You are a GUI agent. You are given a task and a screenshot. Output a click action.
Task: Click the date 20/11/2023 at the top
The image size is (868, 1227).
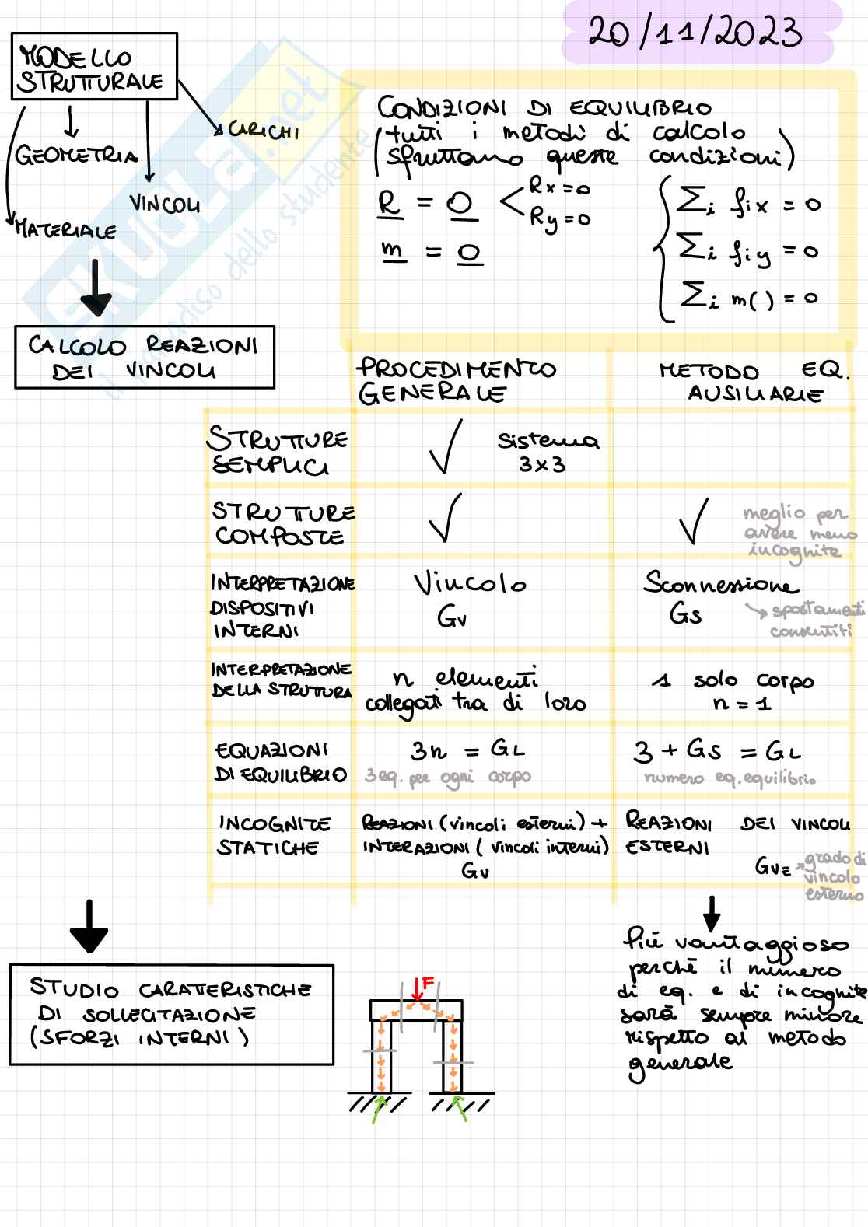tap(695, 33)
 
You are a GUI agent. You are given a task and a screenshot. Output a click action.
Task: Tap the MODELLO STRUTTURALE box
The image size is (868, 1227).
tap(94, 67)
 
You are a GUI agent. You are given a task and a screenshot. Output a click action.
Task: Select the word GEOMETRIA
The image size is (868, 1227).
tap(75, 156)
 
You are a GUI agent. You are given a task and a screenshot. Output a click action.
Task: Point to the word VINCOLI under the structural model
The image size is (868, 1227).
tap(164, 204)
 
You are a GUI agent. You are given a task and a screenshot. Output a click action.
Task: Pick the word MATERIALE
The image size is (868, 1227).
tap(65, 231)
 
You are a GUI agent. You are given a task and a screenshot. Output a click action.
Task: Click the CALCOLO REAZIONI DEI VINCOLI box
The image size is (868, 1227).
tap(145, 358)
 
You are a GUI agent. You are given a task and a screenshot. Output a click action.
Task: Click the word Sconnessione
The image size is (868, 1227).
tap(719, 585)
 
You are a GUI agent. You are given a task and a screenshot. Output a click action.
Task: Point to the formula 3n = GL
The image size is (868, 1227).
tap(467, 750)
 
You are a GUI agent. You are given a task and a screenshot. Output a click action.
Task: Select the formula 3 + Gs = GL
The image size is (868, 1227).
tap(716, 751)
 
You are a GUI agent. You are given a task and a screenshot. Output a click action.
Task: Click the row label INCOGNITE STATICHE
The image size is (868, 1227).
tap(274, 835)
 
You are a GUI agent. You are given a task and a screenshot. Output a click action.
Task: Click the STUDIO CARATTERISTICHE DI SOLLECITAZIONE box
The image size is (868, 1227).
tap(171, 1015)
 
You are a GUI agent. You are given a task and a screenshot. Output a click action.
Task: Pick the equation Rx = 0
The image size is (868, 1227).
tap(559, 187)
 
